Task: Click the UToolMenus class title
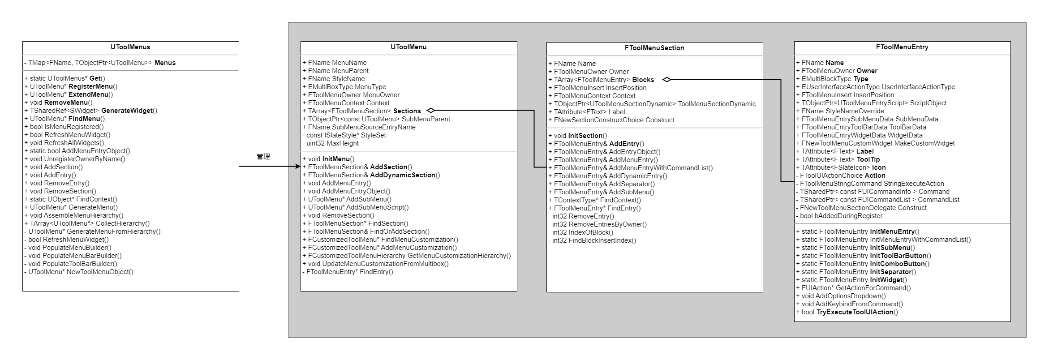(x=130, y=47)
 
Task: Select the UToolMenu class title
(x=408, y=47)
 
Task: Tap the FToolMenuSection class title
(x=654, y=48)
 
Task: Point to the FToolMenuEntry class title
(x=902, y=47)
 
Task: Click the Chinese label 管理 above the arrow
(x=263, y=157)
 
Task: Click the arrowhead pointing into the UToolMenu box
(x=297, y=167)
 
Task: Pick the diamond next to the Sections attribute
(x=431, y=111)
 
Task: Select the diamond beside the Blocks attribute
(x=667, y=80)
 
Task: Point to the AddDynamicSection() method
(x=374, y=175)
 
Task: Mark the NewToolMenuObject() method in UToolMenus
(x=80, y=272)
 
